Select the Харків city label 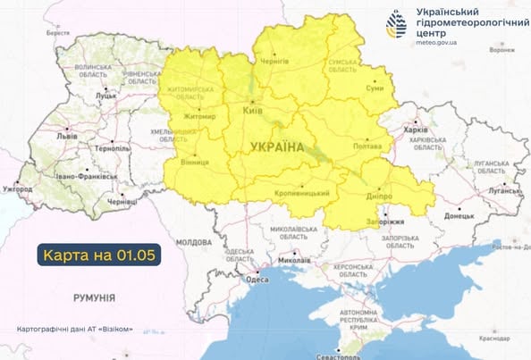(417, 128)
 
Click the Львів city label (67, 137)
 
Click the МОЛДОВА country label (193, 242)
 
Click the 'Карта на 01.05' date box (99, 255)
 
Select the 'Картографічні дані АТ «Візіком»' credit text (75, 329)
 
